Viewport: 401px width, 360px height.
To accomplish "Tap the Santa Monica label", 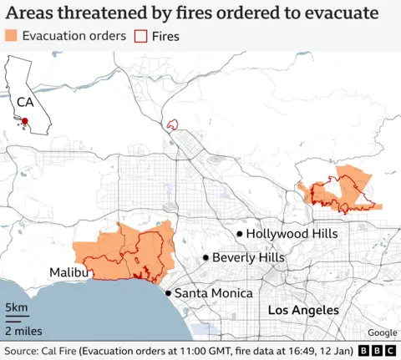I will point(213,293).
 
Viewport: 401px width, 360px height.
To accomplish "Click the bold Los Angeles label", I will point(303,310).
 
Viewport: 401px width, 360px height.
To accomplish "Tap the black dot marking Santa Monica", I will point(168,293).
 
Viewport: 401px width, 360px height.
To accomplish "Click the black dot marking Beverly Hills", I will point(206,258).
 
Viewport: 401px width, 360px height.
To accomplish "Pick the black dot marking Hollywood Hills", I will point(240,234).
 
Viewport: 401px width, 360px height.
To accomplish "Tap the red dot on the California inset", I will point(25,122).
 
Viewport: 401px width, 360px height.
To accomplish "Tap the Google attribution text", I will point(381,332).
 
